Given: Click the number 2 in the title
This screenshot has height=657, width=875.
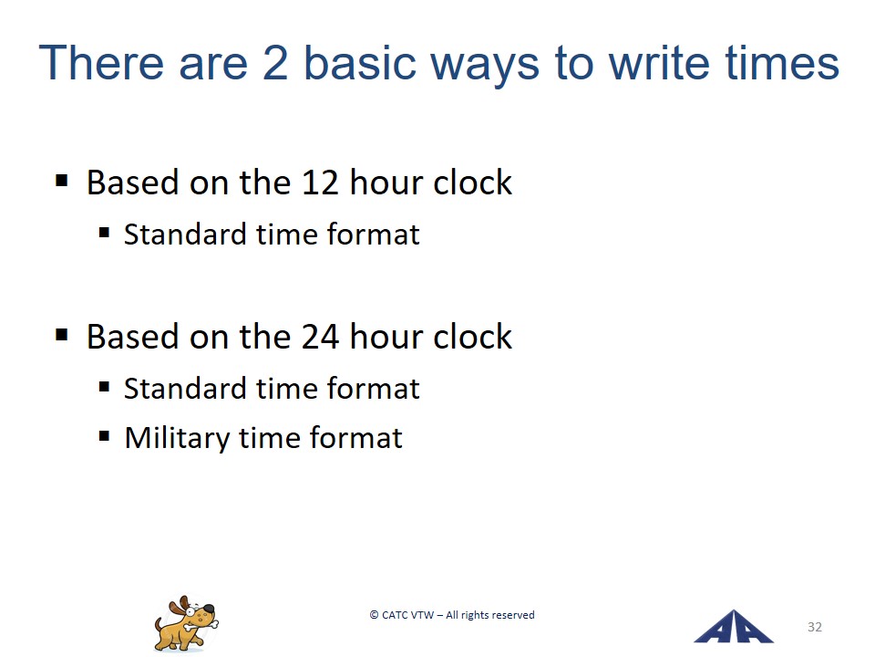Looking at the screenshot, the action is point(274,63).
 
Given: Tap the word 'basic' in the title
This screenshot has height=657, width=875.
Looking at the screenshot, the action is point(360,63).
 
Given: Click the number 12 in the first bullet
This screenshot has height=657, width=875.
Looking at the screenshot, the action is point(319,182).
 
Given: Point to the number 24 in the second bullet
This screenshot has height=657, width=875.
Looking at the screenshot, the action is point(320,337).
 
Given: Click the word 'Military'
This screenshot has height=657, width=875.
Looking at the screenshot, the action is point(176,437).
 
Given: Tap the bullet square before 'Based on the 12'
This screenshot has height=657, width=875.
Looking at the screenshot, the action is point(61,181).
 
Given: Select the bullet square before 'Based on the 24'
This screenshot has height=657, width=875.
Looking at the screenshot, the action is point(61,335).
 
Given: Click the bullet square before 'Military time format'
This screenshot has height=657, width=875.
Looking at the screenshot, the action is point(104,435).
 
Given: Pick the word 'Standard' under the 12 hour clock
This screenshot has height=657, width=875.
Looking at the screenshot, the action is point(185,235).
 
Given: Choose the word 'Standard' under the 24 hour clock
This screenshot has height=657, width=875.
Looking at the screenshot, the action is point(185,389).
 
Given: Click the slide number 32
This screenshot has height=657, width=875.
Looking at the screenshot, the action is point(815,627).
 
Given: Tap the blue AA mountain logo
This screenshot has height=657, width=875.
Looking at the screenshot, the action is point(734,628).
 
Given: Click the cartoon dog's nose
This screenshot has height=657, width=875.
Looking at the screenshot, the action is point(208,609).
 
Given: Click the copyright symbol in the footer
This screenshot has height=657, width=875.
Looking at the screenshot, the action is point(374,615).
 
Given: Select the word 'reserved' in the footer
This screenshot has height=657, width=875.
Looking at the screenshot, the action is point(513,615).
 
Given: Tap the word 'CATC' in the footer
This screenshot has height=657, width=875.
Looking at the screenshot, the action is point(395,615).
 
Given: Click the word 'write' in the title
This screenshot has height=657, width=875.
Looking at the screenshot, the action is point(658,63).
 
